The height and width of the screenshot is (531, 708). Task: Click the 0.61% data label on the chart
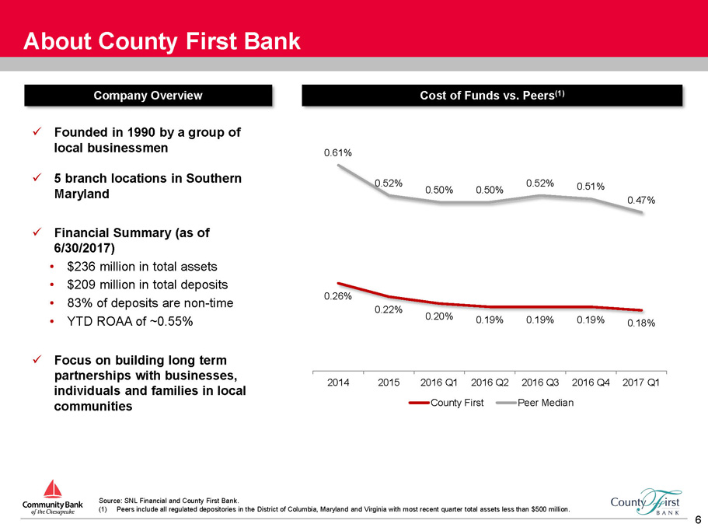(338, 153)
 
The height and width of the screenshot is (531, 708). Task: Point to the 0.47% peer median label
(641, 200)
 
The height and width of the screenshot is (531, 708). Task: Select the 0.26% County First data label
(338, 296)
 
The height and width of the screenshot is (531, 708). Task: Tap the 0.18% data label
(641, 323)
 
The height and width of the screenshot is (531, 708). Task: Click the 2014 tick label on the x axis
(338, 383)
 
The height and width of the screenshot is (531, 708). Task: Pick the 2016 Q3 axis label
(540, 383)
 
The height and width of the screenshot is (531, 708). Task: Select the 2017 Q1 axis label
(641, 383)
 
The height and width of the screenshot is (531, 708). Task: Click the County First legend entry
(446, 403)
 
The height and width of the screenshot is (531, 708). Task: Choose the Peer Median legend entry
(535, 403)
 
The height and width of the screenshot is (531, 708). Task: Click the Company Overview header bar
(148, 96)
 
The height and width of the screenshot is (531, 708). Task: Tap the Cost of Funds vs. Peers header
(492, 96)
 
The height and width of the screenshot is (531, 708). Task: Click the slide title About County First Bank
(162, 41)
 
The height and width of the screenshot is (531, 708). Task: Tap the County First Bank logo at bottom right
(646, 502)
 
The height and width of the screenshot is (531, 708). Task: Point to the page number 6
(698, 519)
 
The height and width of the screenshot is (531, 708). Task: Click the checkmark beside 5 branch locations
(37, 178)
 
